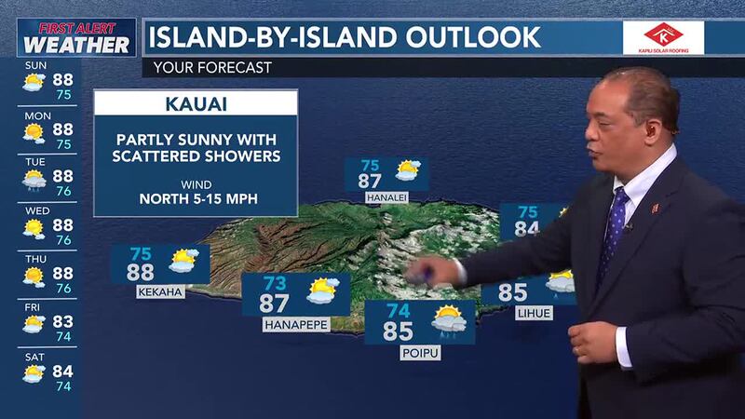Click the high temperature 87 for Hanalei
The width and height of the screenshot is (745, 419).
click(x=371, y=181)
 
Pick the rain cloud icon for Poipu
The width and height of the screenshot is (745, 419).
click(x=449, y=321)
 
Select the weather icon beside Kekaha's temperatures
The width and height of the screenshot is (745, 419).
click(x=183, y=261)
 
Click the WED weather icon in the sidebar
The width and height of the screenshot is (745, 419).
click(x=34, y=226)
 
